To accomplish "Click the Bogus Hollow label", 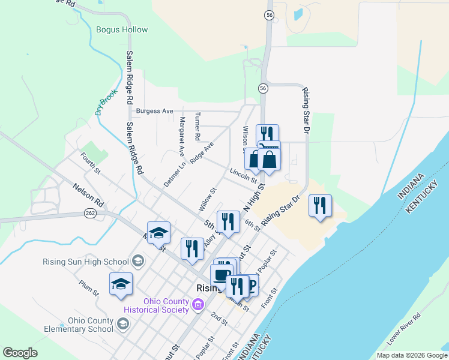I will [x=122, y=29].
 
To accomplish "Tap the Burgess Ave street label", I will [x=154, y=111].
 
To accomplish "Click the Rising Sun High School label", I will [x=86, y=262].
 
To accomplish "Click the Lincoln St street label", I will [x=243, y=175].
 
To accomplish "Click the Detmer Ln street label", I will [x=175, y=173].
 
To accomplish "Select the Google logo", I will [x=20, y=353].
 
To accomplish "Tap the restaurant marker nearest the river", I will [x=320, y=206].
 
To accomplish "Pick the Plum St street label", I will [x=88, y=287].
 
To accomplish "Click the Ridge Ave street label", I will [x=202, y=153].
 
